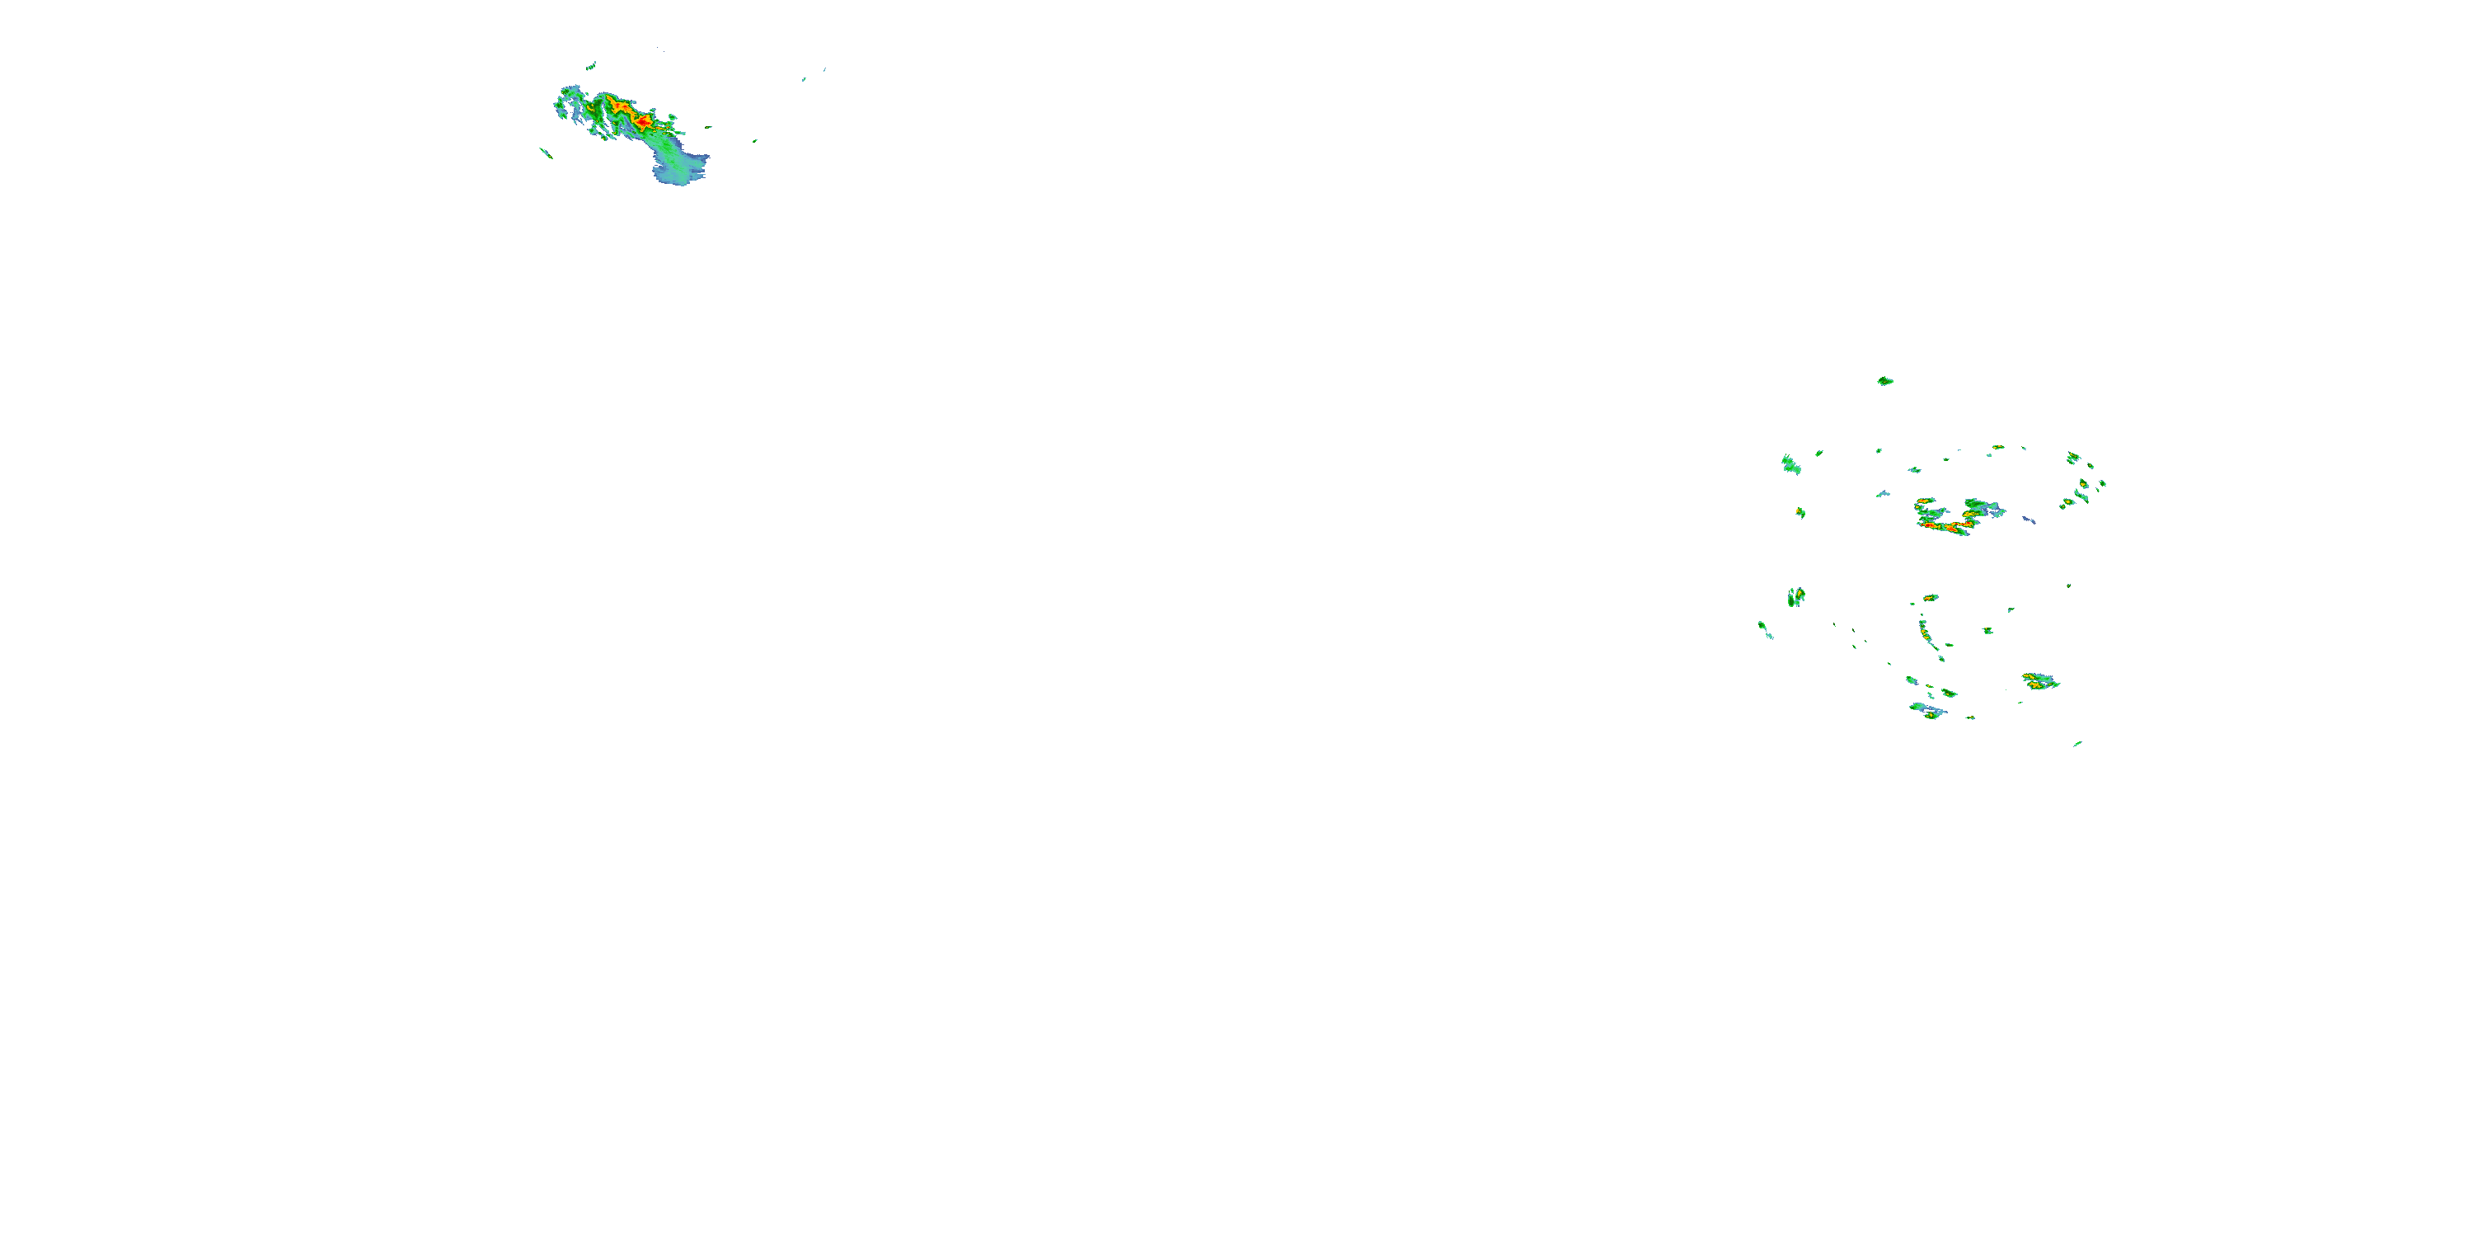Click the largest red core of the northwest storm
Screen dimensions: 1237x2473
point(641,122)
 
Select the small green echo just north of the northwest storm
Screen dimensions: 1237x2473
point(590,66)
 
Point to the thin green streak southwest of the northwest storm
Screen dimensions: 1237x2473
point(547,152)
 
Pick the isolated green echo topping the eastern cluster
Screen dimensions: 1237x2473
point(1884,381)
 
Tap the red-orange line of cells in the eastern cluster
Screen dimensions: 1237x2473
point(1944,526)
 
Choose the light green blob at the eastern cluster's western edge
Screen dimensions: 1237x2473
point(1790,465)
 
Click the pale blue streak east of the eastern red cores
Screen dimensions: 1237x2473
point(2029,520)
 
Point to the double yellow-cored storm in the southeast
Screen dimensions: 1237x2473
point(2040,682)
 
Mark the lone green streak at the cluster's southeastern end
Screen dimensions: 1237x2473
point(2077,743)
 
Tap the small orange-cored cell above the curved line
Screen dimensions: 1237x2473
point(1930,597)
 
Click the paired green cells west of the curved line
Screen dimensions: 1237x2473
point(1795,596)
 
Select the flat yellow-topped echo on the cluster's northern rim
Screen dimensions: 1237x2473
point(1998,447)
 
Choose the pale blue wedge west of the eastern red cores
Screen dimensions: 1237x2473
point(1883,494)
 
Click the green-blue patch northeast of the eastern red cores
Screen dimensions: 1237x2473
point(1983,506)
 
